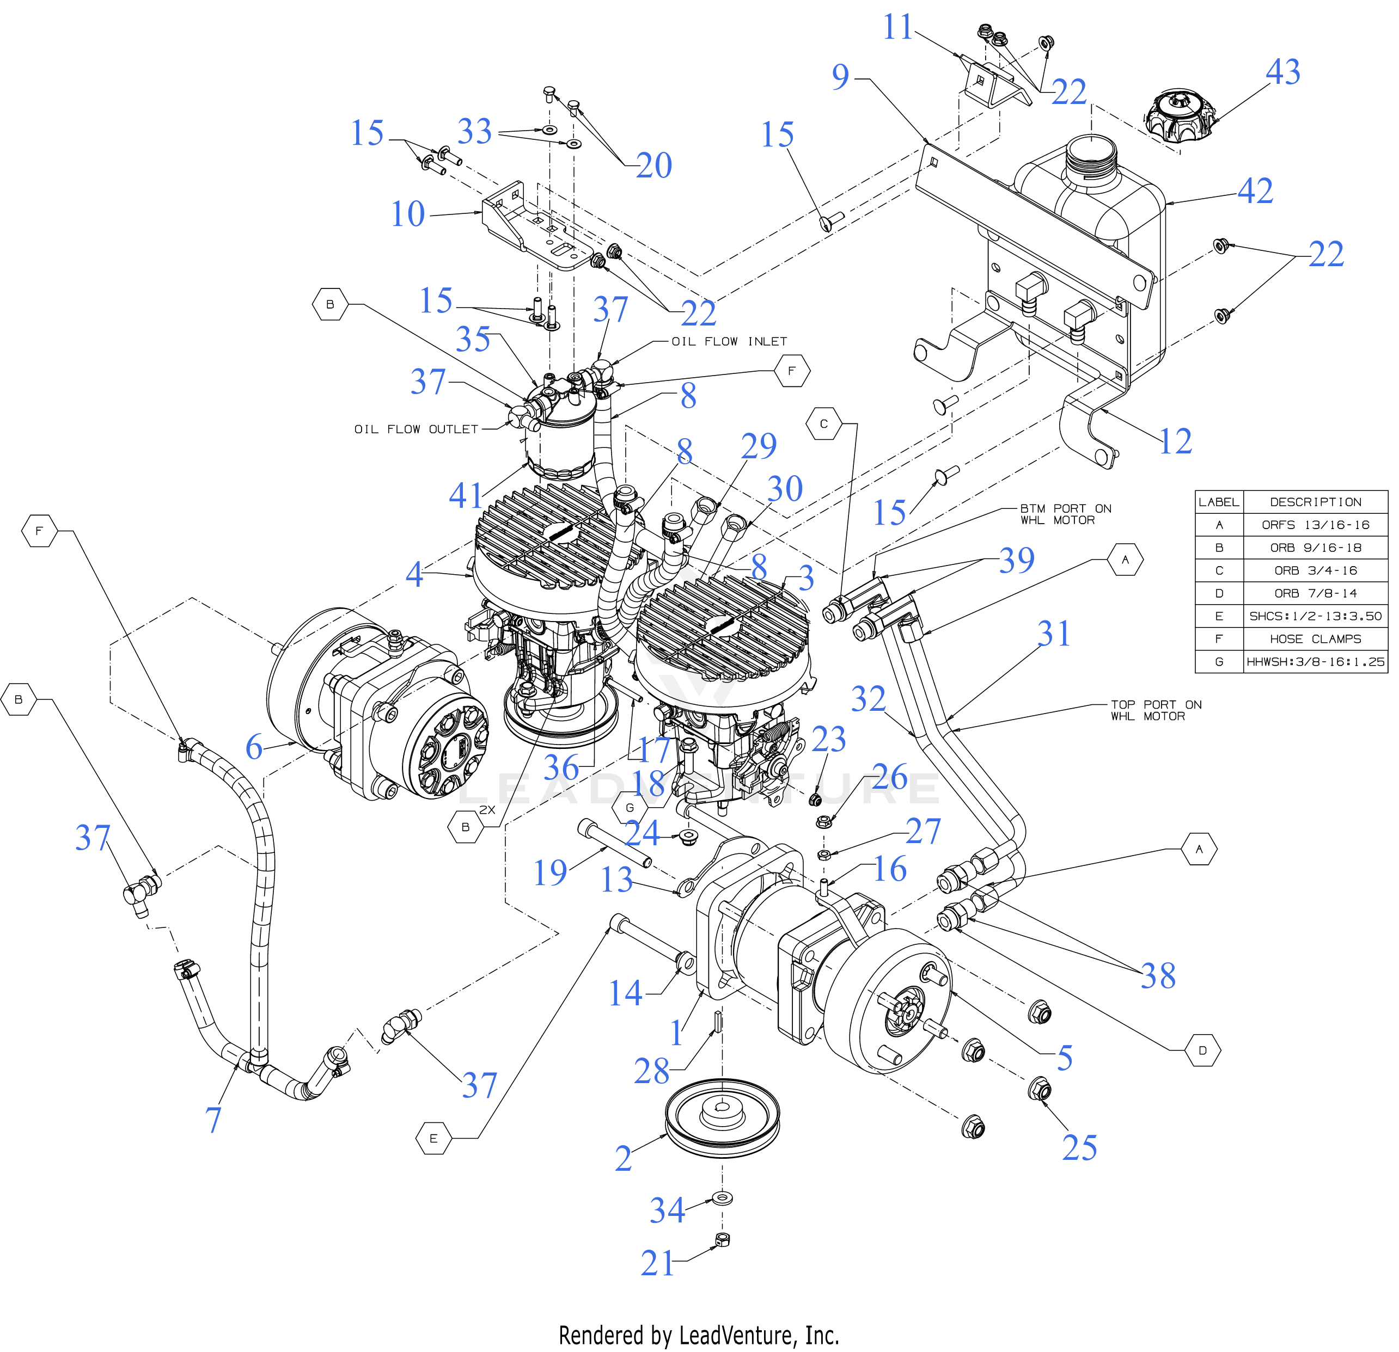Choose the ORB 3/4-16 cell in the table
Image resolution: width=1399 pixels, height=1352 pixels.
[1315, 570]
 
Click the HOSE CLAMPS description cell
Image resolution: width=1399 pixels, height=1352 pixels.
[1315, 638]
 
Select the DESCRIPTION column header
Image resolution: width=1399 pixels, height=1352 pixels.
[1315, 502]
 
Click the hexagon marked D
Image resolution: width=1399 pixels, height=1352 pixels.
[1203, 1050]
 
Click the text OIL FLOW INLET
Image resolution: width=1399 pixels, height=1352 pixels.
[729, 342]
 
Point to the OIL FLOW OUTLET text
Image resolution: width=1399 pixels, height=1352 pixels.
[416, 429]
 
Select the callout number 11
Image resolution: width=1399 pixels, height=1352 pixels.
[897, 28]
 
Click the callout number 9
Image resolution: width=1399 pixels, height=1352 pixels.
[840, 77]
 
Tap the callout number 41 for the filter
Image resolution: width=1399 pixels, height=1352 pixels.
[466, 496]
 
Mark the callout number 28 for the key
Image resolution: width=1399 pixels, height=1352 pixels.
[651, 1072]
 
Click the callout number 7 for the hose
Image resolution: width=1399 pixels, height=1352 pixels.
[213, 1120]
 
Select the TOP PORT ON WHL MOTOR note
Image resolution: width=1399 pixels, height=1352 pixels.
[1156, 710]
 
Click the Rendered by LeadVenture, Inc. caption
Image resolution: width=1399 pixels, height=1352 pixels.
[699, 1335]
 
